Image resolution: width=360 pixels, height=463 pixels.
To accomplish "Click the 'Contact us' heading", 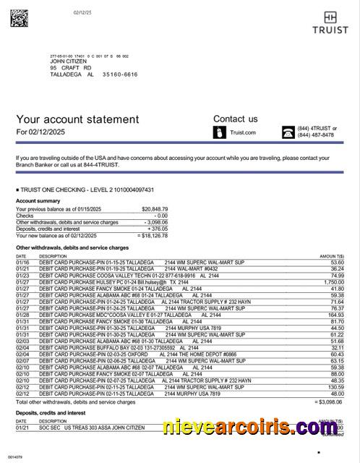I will (235, 119).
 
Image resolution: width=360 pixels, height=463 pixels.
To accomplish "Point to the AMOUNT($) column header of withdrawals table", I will (331, 256).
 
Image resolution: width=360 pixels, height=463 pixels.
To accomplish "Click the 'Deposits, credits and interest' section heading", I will (52, 412).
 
